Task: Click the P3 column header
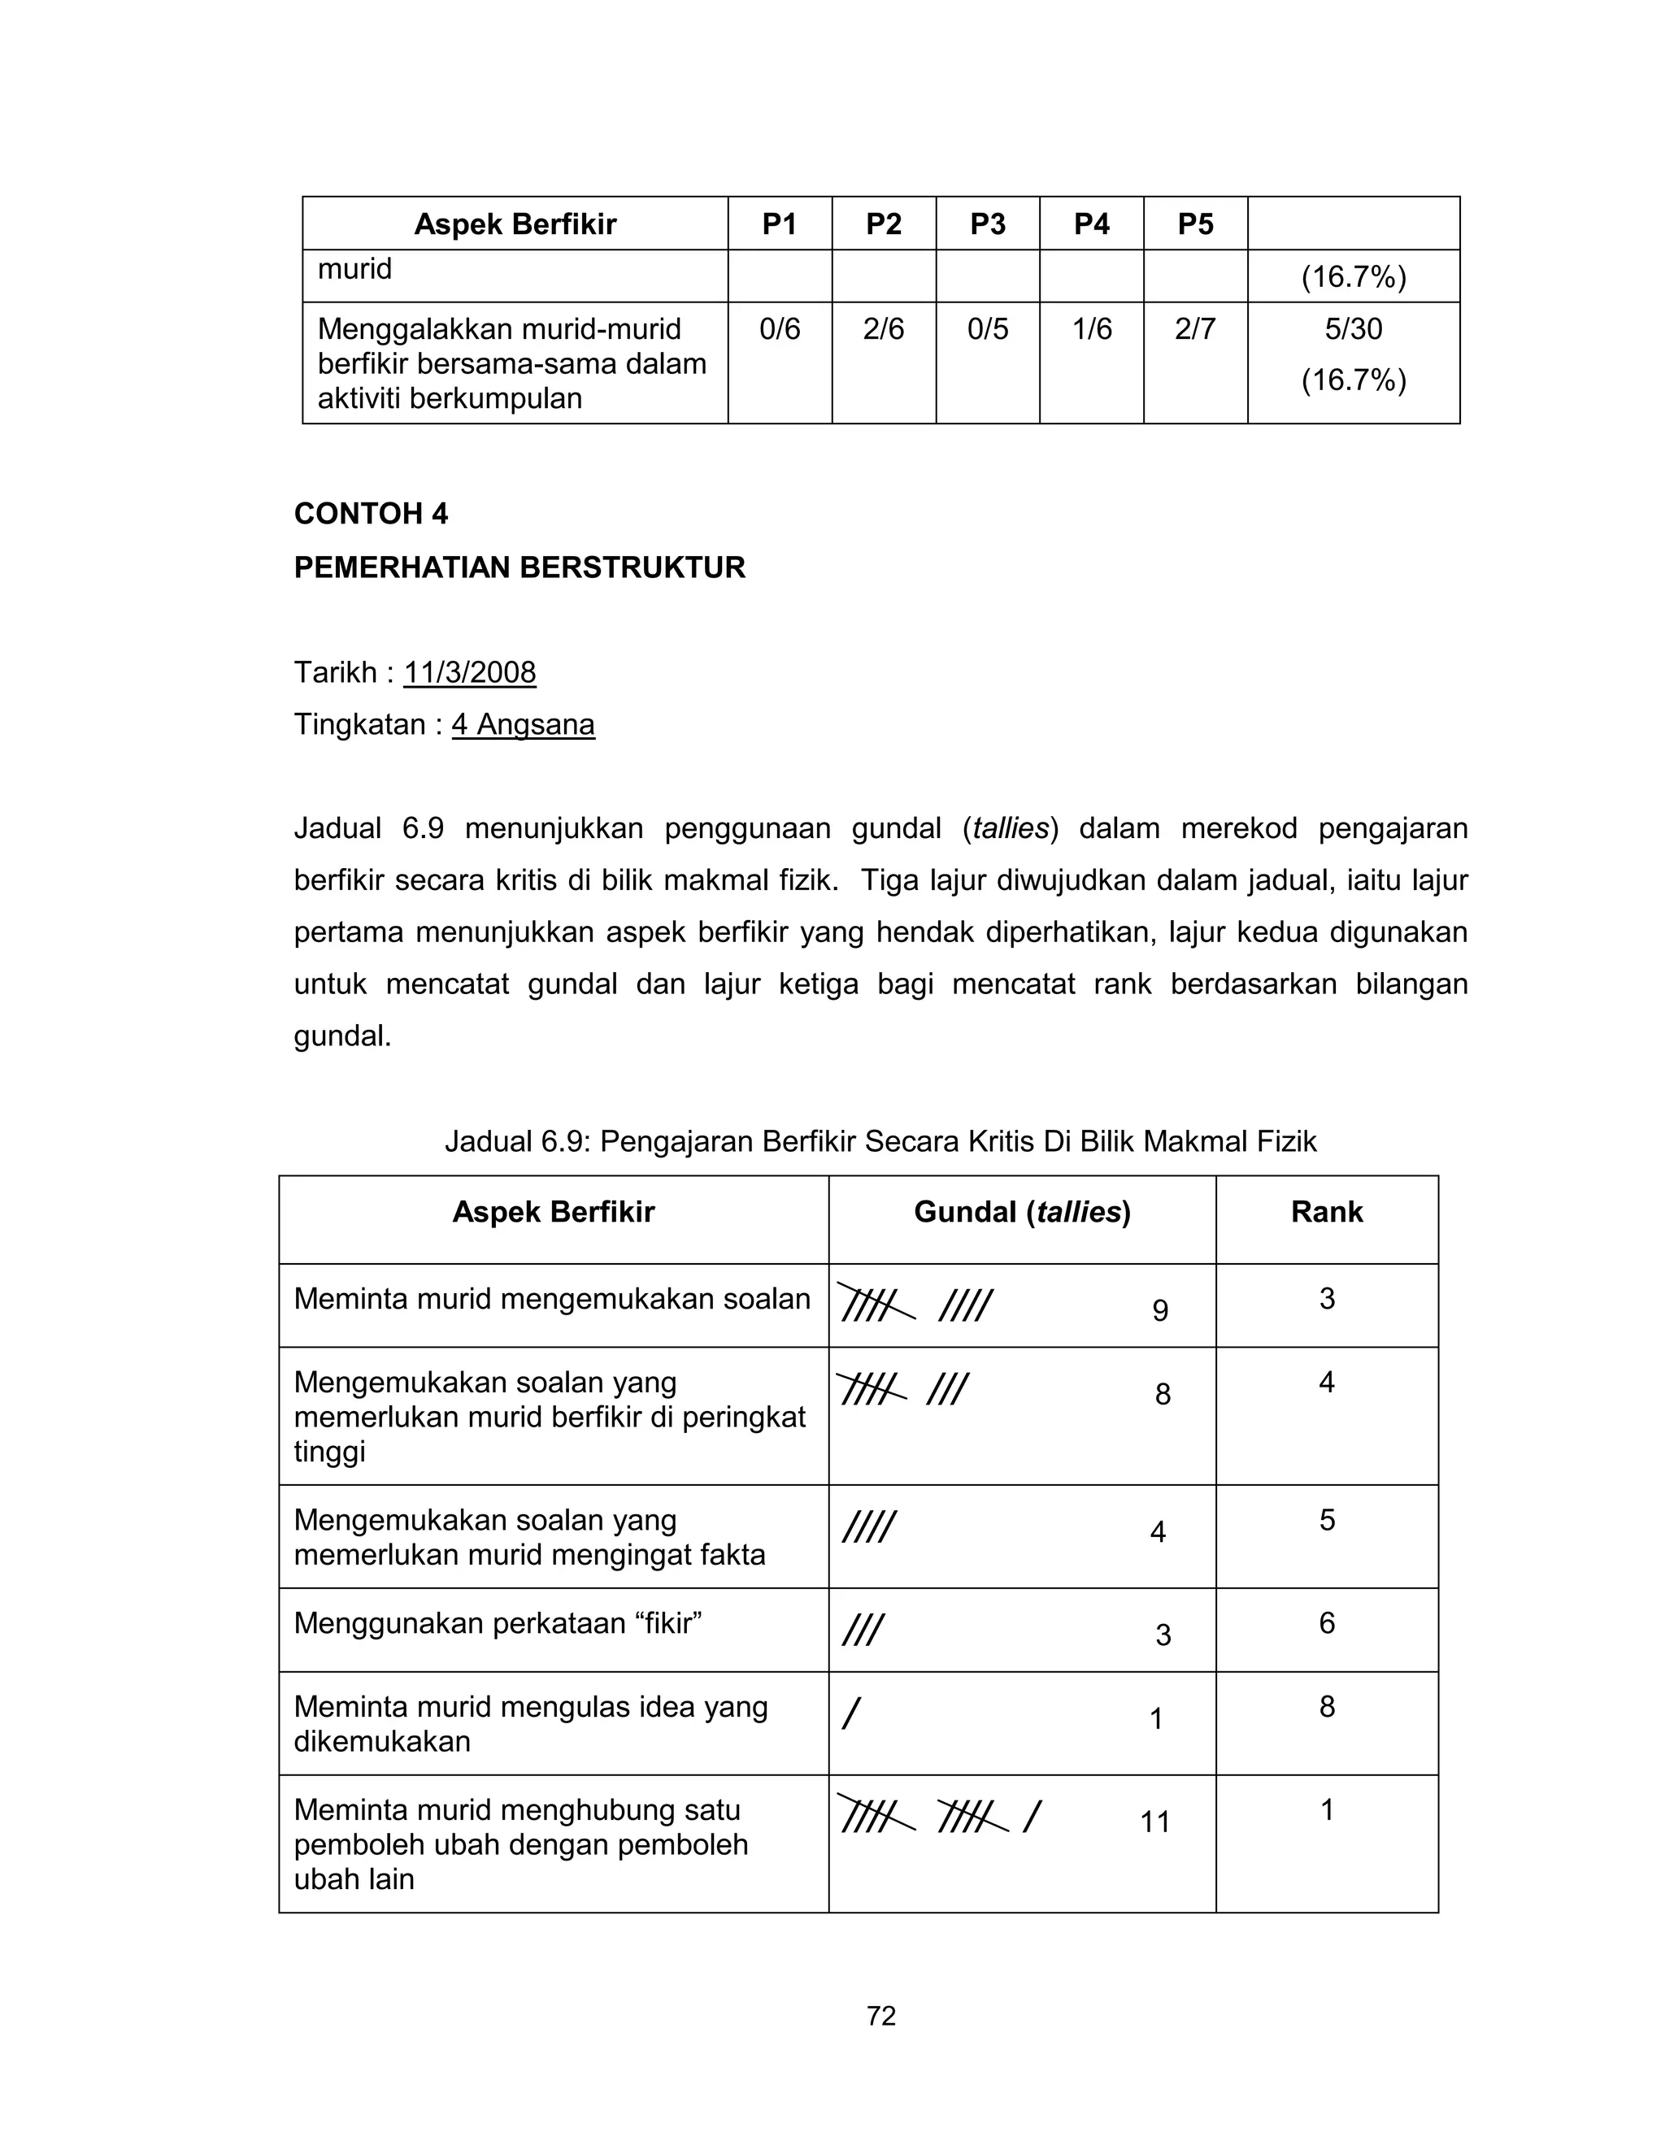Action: pos(987,225)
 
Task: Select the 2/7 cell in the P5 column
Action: pos(1194,328)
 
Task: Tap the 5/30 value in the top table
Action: pos(1354,328)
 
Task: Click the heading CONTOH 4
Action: pos(371,514)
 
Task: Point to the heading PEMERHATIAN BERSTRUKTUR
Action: pos(519,568)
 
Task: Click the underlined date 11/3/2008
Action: pos(470,673)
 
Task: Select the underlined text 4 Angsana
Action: pos(523,725)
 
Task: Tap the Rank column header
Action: pos(1327,1212)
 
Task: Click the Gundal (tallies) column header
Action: pos(1022,1212)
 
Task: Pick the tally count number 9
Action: pos(1160,1311)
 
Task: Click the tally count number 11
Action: pos(1155,1822)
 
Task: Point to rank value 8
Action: pos(1327,1707)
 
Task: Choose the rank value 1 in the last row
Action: pos(1327,1811)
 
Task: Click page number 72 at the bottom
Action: pos(880,2017)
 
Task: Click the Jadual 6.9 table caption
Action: pos(880,1142)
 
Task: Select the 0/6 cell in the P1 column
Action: pos(779,328)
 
